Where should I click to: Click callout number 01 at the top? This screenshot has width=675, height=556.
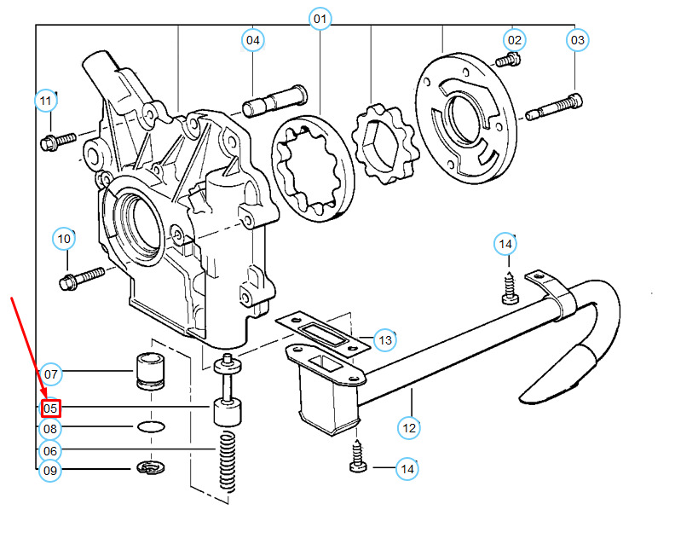click(320, 19)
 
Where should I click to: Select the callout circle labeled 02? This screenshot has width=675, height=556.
click(514, 39)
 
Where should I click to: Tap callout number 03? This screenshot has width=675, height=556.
click(578, 39)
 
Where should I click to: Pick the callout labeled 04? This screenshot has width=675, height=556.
click(253, 39)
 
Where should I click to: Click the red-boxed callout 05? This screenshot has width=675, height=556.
click(50, 409)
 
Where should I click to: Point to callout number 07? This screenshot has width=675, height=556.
click(50, 374)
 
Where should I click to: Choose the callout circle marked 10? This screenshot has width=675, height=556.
click(65, 238)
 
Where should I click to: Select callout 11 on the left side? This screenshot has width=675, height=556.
click(46, 101)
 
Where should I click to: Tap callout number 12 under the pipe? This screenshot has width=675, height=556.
click(409, 427)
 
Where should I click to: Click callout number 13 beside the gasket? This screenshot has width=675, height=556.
click(385, 340)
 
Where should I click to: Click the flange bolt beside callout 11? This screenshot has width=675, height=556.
click(58, 139)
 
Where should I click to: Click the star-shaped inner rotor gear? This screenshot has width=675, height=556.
click(383, 143)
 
